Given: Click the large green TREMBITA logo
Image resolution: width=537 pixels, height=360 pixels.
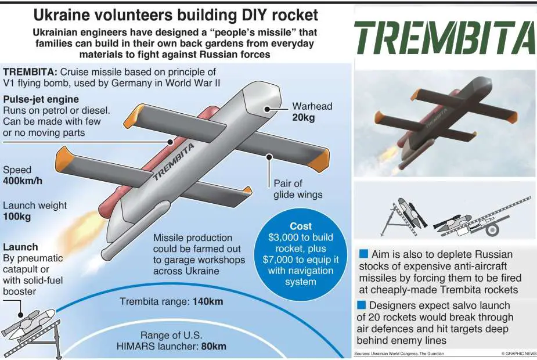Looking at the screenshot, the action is click(445, 38).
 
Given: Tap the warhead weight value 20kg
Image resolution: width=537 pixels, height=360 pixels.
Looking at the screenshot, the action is click(304, 117).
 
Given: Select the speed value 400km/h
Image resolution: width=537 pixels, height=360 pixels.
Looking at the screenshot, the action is click(23, 181).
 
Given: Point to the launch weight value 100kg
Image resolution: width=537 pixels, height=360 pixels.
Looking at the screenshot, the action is click(17, 217).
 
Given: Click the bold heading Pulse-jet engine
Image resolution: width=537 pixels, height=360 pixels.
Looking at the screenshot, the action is click(41, 99).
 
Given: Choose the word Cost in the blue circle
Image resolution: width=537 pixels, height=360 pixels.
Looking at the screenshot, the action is click(301, 226).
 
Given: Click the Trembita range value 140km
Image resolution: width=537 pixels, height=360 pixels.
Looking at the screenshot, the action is click(208, 301).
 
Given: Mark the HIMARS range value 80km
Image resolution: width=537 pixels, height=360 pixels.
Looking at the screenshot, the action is click(214, 346).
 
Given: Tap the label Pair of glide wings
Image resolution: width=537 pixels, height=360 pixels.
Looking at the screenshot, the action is click(298, 189).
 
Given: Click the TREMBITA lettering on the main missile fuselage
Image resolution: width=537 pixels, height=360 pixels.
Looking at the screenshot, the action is click(174, 161).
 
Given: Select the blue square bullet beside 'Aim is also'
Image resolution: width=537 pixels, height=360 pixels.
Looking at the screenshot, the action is click(363, 254).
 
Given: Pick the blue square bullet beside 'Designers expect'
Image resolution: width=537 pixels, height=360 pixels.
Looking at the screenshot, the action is click(361, 305).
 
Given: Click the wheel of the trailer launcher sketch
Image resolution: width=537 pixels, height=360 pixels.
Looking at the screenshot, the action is click(492, 229).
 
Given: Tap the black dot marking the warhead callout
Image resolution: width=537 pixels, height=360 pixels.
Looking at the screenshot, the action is click(267, 109).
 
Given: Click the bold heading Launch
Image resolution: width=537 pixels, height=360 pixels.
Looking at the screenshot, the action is click(20, 247).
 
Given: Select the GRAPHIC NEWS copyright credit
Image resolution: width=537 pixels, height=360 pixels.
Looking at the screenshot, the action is click(518, 354).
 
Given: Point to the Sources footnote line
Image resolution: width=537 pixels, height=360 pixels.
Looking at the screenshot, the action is click(399, 354).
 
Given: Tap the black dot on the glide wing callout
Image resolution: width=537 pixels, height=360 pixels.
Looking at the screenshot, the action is click(269, 157).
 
